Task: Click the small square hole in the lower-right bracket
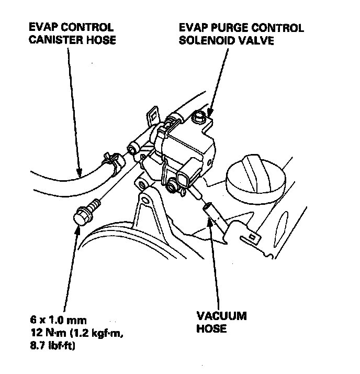tap(253, 238)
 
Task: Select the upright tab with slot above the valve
tap(152, 116)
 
